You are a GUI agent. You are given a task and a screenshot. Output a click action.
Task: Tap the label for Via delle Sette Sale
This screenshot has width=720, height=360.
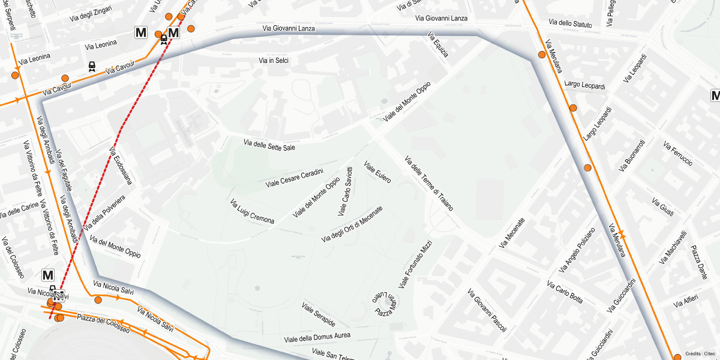click(269, 145)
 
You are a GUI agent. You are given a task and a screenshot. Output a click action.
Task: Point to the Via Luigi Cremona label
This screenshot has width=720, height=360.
click(252, 212)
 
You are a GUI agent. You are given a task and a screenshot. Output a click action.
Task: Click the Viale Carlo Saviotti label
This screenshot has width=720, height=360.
click(346, 191)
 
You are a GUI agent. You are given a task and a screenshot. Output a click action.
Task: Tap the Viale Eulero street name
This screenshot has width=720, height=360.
click(377, 171)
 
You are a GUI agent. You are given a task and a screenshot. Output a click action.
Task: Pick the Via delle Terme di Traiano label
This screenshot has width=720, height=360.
click(428, 183)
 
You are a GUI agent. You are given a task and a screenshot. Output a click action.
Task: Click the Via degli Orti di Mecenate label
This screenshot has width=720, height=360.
click(352, 224)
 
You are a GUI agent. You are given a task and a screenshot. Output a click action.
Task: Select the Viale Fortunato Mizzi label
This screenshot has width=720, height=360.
click(415, 264)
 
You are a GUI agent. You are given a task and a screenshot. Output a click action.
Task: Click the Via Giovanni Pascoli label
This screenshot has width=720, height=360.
click(487, 310)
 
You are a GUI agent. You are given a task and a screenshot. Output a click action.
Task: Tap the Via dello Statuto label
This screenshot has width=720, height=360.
click(570, 24)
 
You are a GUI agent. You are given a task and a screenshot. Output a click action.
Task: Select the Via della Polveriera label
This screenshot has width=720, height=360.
click(105, 213)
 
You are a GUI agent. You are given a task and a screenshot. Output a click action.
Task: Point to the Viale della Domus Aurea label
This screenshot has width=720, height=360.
click(317, 337)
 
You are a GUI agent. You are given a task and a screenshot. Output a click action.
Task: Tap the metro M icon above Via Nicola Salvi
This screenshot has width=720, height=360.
click(48, 275)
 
